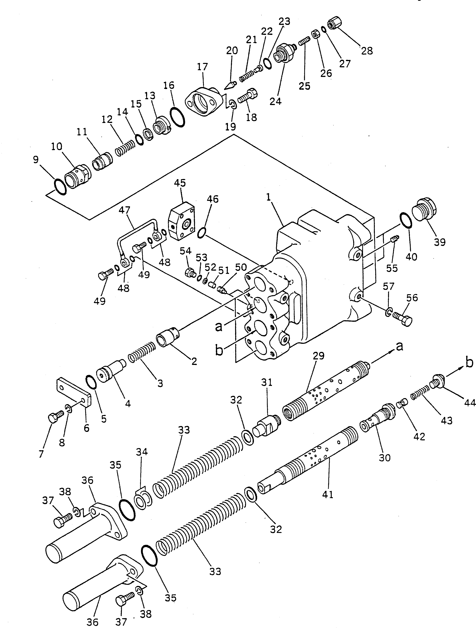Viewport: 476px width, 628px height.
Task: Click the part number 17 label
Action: tap(202, 67)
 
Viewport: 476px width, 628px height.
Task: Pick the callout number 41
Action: tap(328, 494)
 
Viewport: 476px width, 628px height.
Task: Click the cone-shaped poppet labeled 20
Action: tap(230, 85)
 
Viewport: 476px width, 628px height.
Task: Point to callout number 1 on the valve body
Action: tap(268, 198)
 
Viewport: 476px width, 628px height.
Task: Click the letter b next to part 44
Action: tap(469, 362)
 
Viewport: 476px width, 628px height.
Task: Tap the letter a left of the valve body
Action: tap(219, 326)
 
